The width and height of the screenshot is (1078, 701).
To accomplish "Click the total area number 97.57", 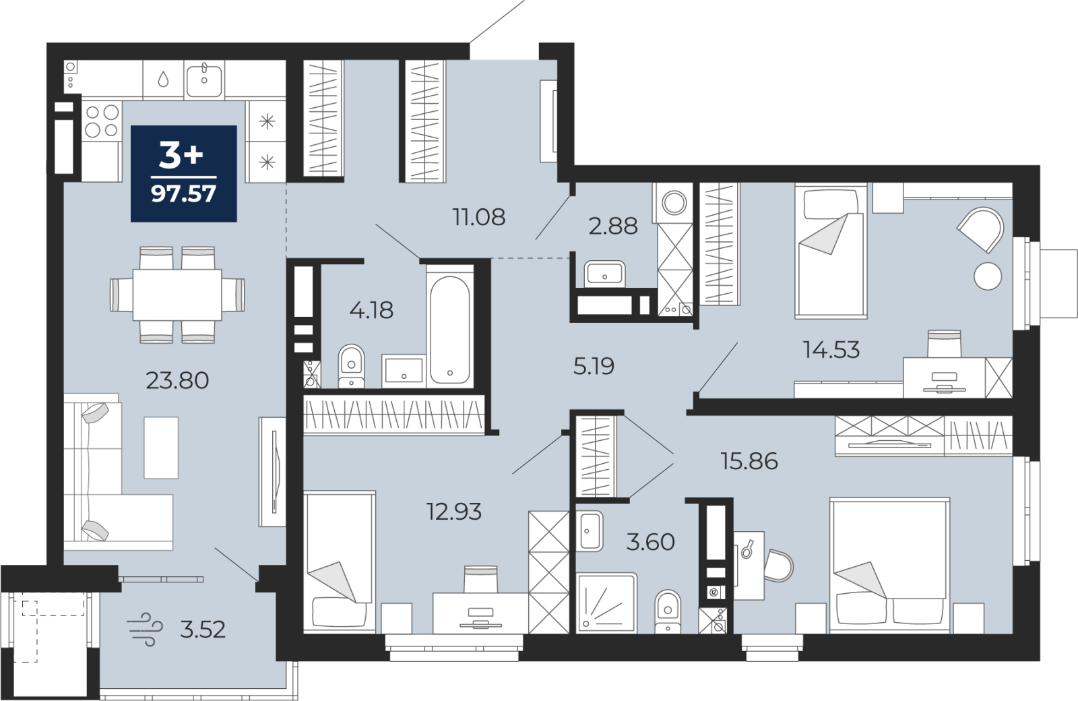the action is tap(183, 193).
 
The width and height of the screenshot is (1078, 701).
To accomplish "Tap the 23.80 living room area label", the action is tap(177, 381).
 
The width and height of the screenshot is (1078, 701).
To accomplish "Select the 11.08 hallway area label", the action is tap(479, 217).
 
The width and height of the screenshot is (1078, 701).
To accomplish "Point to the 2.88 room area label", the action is tap(613, 226).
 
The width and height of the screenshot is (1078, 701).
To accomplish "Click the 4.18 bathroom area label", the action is tap(371, 311).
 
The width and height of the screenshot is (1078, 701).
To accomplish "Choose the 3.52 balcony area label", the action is tap(203, 630).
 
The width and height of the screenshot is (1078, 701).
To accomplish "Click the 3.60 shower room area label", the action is tap(650, 542).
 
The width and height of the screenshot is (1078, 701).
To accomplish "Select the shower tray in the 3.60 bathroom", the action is tap(607, 603).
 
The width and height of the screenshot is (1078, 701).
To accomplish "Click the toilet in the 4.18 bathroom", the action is tap(351, 367).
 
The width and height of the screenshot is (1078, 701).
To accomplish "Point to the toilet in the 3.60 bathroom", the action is tap(668, 611).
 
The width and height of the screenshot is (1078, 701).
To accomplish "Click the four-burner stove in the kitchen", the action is tap(102, 121).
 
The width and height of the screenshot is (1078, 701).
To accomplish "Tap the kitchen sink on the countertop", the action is tap(205, 81).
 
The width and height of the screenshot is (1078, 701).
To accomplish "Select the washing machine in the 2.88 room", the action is tap(673, 203).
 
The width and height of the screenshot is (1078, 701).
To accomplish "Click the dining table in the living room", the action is tap(177, 295).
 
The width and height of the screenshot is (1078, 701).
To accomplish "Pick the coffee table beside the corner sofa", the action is tap(161, 448).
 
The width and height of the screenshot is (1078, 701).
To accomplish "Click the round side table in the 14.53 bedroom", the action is tap(988, 276).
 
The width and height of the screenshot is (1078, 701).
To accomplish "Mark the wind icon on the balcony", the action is tap(145, 630).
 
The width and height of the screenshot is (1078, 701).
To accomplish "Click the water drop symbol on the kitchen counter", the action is tap(163, 80).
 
